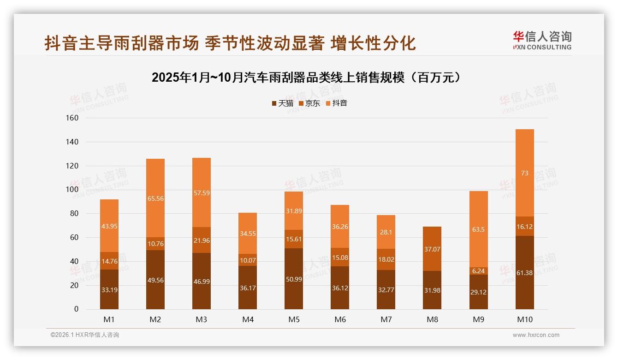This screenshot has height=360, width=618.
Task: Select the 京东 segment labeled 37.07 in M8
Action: tap(432, 249)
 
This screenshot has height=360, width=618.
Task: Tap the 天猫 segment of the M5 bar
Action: tap(294, 279)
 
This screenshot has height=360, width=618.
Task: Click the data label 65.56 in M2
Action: tap(155, 198)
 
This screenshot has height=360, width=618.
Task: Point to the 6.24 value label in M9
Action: tap(478, 271)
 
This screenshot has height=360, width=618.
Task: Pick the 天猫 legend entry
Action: tap(282, 103)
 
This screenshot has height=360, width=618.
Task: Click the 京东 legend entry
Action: tap(309, 103)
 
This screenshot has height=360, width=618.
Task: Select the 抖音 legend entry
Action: tap(336, 103)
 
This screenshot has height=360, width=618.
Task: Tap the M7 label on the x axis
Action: tap(386, 320)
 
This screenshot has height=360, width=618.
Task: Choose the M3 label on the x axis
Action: tap(202, 320)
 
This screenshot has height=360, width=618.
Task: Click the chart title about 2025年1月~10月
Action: tap(306, 78)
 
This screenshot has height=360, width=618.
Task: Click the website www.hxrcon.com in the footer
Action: tap(536, 335)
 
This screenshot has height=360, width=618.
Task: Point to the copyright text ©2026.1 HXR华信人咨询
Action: tap(85, 335)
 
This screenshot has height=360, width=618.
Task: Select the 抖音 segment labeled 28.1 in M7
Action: tap(386, 232)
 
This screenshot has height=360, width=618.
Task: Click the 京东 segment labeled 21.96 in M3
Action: tap(202, 240)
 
